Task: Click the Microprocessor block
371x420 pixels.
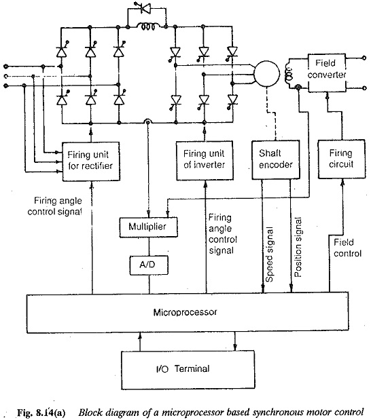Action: pos(188,313)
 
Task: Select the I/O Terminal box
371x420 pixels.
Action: pos(188,370)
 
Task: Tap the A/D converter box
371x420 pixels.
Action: pos(149,265)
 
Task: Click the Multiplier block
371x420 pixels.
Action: pos(148,227)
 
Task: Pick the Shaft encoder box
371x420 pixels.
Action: pos(276,159)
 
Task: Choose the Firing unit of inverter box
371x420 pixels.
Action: pos(205,160)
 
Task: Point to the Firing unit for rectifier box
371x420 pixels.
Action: pos(91,161)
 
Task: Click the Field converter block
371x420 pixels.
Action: pos(327,73)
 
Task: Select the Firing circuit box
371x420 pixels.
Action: pos(342,159)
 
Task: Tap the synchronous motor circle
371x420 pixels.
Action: pos(266,74)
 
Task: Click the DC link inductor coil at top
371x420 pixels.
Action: pos(147,26)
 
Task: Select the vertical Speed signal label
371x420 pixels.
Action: pos(269,254)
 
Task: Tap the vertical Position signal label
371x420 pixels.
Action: pos(298,247)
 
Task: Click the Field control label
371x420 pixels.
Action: pos(347,248)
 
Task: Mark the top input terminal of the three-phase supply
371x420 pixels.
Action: pos(5,66)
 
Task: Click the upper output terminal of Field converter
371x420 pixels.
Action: pos(364,58)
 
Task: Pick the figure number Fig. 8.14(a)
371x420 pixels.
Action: pos(41,413)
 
